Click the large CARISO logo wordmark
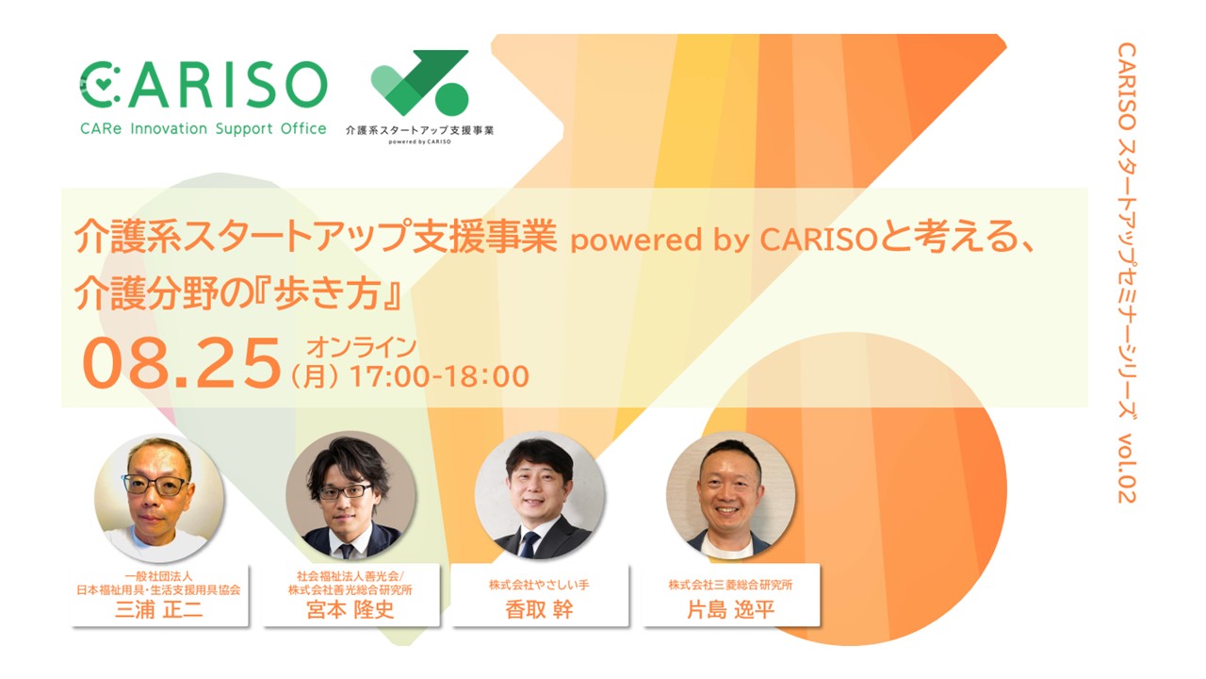pyautogui.click(x=204, y=84)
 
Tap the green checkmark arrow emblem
pyautogui.click(x=420, y=82)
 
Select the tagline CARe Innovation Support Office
pyautogui.click(x=203, y=129)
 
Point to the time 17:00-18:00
pyautogui.click(x=439, y=376)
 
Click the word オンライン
pyautogui.click(x=361, y=347)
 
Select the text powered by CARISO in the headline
pyautogui.click(x=725, y=240)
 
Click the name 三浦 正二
pyautogui.click(x=159, y=610)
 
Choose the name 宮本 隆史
pyautogui.click(x=350, y=610)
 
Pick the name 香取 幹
pyautogui.click(x=539, y=610)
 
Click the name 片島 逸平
pyautogui.click(x=730, y=610)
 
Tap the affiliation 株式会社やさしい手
pyautogui.click(x=539, y=585)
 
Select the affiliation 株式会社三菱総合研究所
pyautogui.click(x=730, y=585)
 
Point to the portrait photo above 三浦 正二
pyautogui.click(x=159, y=498)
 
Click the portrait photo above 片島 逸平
pyautogui.click(x=730, y=496)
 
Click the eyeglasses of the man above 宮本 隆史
pyautogui.click(x=345, y=491)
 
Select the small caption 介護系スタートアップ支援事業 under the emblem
pyautogui.click(x=419, y=130)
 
